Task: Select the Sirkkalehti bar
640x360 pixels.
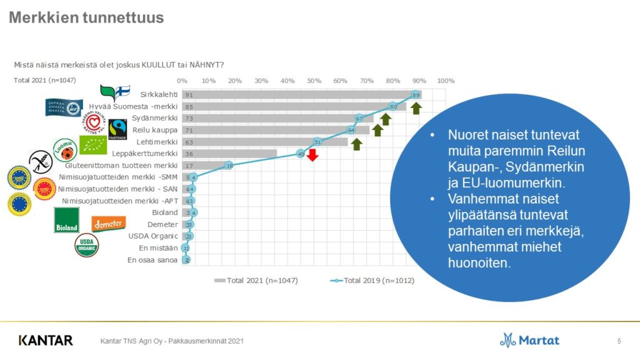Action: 300,94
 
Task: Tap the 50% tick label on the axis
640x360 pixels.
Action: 314,81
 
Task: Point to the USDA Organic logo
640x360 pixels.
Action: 87,246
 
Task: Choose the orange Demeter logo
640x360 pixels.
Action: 109,223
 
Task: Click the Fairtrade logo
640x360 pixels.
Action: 117,128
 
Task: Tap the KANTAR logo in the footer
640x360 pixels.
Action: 46,341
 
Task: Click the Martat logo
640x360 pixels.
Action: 529,340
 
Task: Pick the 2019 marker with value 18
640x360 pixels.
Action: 229,165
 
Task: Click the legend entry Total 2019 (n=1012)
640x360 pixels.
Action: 371,281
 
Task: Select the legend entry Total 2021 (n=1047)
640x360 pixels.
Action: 256,281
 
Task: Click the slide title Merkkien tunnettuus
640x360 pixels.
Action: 86,17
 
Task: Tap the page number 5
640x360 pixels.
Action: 619,341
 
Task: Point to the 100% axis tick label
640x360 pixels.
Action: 446,81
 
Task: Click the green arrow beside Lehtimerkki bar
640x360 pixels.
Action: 356,144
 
